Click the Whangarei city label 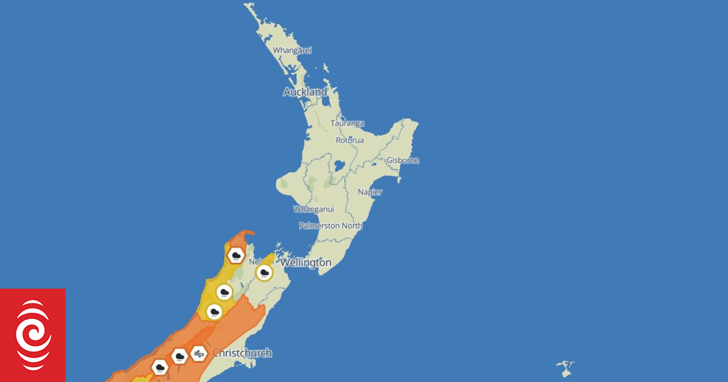click(x=292, y=50)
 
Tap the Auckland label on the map click(x=305, y=92)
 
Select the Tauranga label click(x=347, y=123)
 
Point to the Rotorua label click(x=350, y=140)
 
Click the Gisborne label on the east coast click(x=403, y=161)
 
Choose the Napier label click(x=370, y=192)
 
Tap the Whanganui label click(x=314, y=209)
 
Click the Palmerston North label click(x=331, y=226)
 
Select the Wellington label click(x=306, y=263)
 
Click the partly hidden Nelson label click(x=258, y=261)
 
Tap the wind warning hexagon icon click(x=198, y=353)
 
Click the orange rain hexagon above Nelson click(x=235, y=255)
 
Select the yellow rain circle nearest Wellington click(x=264, y=272)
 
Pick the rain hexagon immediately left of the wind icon click(x=179, y=356)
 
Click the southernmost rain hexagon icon click(x=160, y=367)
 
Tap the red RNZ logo click(x=33, y=335)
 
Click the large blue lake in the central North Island click(x=339, y=165)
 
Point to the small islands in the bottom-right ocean click(x=565, y=366)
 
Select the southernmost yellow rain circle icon click(x=214, y=312)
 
